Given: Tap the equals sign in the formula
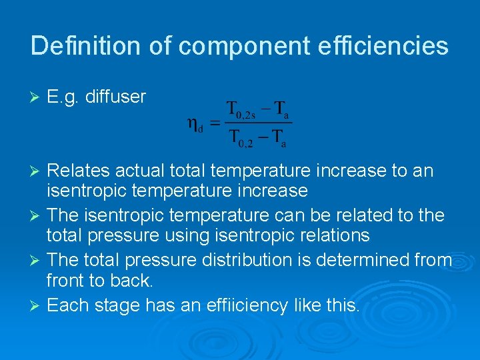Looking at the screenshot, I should click(215, 123).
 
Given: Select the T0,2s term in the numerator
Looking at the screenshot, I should click(245, 109).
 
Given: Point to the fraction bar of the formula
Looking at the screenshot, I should click(259, 123).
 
